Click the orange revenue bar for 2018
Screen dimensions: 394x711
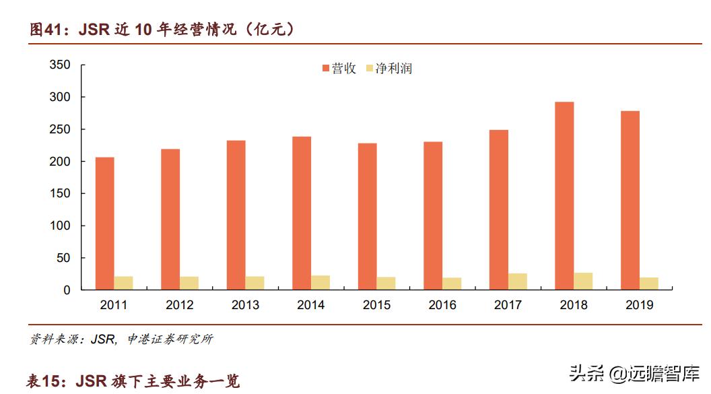564,196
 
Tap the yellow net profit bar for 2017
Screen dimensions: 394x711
518,282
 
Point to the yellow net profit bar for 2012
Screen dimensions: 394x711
189,283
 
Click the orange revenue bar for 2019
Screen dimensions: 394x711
630,201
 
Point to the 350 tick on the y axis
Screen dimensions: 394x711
60,65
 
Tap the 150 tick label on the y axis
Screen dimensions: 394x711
60,193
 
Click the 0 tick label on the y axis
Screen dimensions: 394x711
67,290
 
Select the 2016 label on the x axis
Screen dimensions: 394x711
442,305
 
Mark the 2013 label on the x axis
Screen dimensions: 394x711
245,305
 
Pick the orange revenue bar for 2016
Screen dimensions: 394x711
433,216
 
